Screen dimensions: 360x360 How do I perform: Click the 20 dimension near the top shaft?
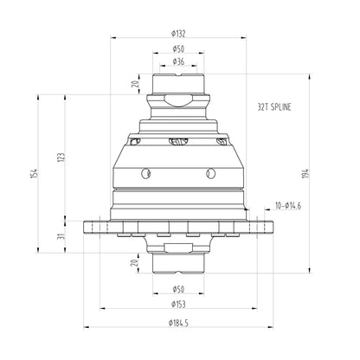(134, 85)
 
